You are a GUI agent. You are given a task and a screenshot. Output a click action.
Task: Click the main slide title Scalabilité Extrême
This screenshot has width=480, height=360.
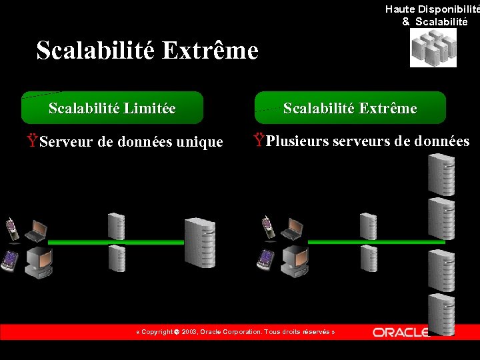[x=147, y=51]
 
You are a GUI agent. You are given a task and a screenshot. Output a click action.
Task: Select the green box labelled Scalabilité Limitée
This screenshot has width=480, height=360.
[x=112, y=108]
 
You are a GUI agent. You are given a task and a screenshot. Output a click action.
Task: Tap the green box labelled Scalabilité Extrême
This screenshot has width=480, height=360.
[x=350, y=108]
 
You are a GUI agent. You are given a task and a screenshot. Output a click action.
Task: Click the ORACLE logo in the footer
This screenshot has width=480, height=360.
[x=400, y=332]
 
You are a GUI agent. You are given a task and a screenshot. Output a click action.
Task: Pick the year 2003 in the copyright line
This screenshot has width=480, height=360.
[x=189, y=332]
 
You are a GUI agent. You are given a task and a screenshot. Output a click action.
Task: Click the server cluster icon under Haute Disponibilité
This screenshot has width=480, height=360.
[x=433, y=49]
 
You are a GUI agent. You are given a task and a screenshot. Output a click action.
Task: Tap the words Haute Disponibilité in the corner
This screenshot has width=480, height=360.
[x=432, y=9]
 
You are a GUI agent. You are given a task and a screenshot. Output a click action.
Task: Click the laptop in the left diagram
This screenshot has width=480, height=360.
[x=36, y=231]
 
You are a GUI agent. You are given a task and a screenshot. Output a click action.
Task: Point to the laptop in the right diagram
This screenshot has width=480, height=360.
[x=291, y=229]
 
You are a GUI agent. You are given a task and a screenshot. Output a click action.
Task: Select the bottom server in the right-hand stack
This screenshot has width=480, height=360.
[x=441, y=314]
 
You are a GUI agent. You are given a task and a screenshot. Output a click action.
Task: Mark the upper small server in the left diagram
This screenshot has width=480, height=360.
[x=117, y=225]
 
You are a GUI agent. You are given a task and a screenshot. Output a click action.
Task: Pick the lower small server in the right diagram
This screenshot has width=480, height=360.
[x=369, y=258]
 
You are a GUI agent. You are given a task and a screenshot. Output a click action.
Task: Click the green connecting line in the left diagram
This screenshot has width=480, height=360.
[x=147, y=242]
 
